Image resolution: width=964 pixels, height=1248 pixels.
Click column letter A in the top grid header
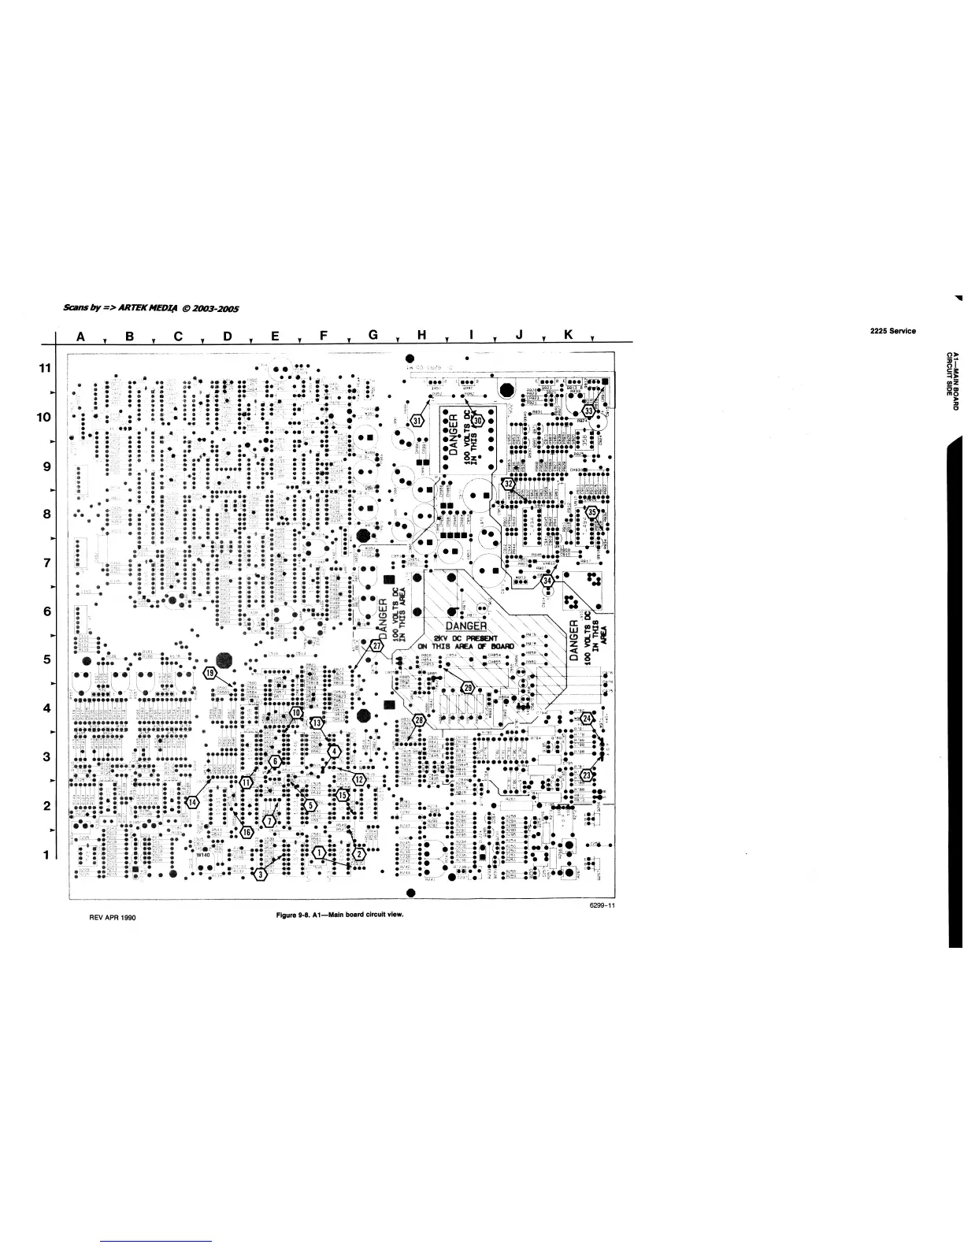click(x=80, y=336)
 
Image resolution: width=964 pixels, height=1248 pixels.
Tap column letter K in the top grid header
click(x=568, y=336)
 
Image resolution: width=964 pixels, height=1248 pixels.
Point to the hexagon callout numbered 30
click(x=476, y=422)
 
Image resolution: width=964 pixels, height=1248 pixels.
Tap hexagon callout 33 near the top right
click(x=588, y=411)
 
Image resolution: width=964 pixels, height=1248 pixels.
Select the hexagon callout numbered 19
click(x=209, y=673)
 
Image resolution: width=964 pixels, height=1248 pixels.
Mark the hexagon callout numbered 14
click(x=192, y=802)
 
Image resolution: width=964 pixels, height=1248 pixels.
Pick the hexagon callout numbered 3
click(x=261, y=875)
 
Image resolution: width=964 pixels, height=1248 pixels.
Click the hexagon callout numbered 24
click(x=586, y=718)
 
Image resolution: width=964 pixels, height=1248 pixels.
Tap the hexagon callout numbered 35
click(x=591, y=512)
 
